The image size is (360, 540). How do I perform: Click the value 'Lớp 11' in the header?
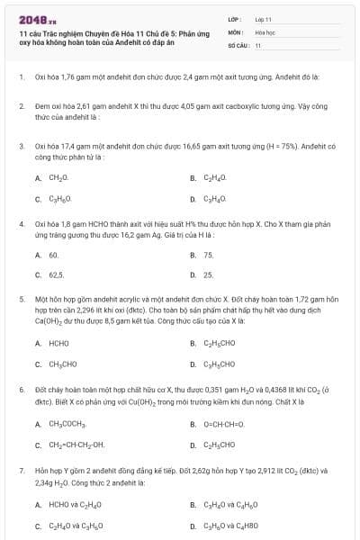click(x=263, y=19)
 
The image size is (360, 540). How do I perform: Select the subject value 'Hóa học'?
click(x=264, y=31)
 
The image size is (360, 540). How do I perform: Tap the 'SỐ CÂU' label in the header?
click(x=238, y=44)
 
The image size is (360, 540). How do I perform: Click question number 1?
click(x=21, y=77)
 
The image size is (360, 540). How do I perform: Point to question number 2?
click(x=21, y=106)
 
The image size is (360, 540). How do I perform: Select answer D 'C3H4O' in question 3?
click(x=215, y=199)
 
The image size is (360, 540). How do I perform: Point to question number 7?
click(x=21, y=470)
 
